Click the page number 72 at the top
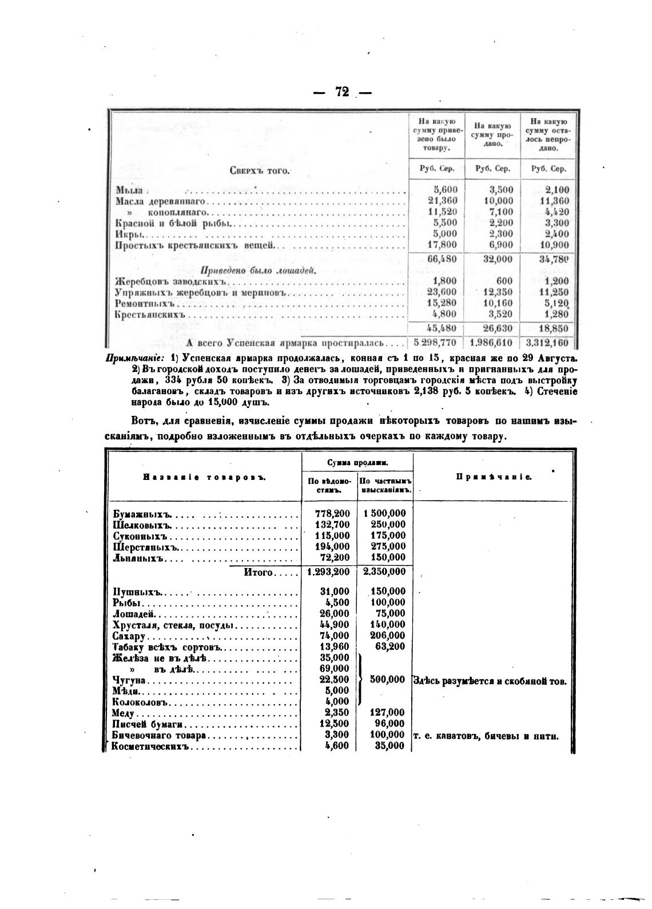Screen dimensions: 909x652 pos(342,92)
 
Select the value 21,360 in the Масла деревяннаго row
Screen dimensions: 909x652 pos(442,201)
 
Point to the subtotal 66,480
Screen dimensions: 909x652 pos(442,259)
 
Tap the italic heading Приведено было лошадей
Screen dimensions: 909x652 pos(258,271)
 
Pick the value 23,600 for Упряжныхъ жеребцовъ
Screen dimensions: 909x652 pos(442,292)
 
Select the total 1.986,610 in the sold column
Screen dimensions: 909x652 pos(491,343)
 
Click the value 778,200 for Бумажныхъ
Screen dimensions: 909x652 pos(332,514)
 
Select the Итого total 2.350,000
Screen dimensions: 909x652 pos(384,571)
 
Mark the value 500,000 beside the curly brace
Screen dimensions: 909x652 pos(388,679)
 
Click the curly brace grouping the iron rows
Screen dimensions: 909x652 pos(361,679)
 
